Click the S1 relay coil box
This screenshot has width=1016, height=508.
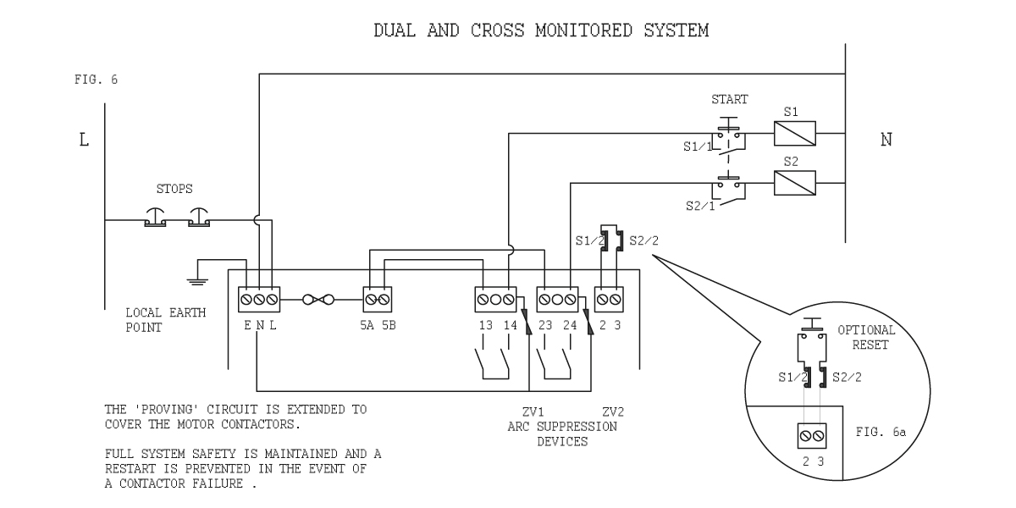tap(795, 134)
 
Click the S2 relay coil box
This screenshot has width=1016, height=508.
tap(795, 183)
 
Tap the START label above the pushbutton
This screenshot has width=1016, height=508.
tap(729, 99)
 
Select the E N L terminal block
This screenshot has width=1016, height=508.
tap(259, 300)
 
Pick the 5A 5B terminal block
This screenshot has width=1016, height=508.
tap(378, 300)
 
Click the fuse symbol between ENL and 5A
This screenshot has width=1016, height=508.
tap(318, 300)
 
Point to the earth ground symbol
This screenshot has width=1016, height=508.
tap(197, 281)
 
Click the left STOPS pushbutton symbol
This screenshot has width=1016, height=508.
tap(155, 218)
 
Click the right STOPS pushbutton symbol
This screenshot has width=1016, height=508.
tap(199, 218)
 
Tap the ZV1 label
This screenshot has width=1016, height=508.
tap(533, 411)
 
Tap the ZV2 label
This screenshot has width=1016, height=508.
tap(613, 411)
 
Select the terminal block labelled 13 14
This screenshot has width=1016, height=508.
tap(496, 300)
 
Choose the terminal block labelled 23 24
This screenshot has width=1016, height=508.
tap(557, 300)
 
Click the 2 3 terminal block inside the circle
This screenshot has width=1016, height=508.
tap(812, 436)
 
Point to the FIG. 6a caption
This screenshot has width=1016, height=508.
tap(881, 432)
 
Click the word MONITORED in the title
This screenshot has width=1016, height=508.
tap(583, 30)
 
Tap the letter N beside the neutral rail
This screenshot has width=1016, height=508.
tap(886, 139)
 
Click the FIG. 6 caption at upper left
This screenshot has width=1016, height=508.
tap(97, 80)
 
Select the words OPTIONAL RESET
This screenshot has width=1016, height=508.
tap(866, 338)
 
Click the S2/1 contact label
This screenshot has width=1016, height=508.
tap(700, 207)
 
